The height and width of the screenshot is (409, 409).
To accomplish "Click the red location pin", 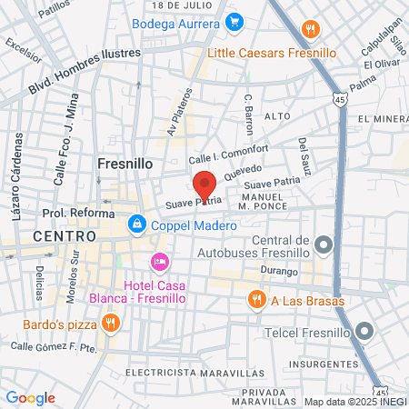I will tap(204, 185).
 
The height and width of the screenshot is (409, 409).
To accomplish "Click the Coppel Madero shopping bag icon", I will tap(135, 222).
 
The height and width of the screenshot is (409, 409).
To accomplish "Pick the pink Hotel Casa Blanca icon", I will tap(160, 262).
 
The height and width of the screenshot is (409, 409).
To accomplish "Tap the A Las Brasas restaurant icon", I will tap(257, 299).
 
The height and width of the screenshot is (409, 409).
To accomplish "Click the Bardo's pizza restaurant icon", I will tap(110, 322).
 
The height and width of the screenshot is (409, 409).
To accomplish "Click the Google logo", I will tap(30, 397).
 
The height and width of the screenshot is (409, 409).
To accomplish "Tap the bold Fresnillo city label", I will tap(124, 164).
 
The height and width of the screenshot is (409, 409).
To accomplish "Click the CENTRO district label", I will tap(64, 235).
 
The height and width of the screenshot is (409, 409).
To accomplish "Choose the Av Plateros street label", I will tap(179, 110).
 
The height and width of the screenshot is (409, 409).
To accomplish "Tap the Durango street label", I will tap(278, 271).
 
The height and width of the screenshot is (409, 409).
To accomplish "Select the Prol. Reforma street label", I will tap(78, 214).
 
